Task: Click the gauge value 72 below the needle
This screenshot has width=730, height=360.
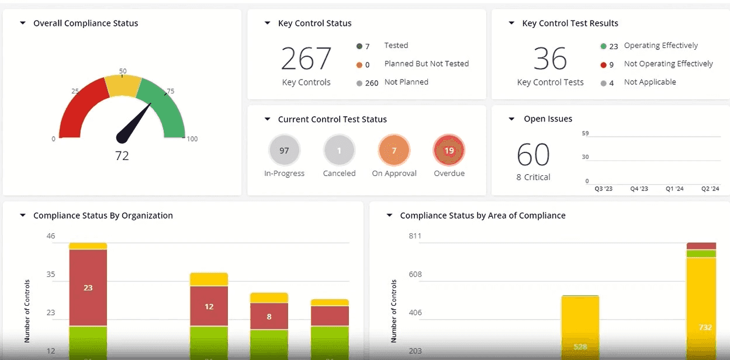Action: click(122, 155)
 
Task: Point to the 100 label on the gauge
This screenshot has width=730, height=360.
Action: click(192, 139)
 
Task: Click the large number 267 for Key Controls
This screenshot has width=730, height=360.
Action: click(306, 58)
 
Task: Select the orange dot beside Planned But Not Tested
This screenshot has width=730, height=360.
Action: click(359, 65)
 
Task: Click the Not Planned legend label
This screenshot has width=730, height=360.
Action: click(406, 82)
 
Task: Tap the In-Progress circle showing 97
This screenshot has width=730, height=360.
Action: click(284, 151)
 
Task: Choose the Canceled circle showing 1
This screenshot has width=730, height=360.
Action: click(339, 151)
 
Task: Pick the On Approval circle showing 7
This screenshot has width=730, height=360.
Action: click(394, 151)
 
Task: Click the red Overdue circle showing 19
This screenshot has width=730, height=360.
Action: click(449, 151)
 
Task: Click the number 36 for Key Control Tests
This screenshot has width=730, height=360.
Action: click(550, 58)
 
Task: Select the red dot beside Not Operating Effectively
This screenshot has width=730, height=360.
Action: click(603, 65)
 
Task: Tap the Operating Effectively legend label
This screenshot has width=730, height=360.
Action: click(660, 46)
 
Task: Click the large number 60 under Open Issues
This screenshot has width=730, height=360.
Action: click(533, 155)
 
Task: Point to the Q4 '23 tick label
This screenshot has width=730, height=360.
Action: click(639, 189)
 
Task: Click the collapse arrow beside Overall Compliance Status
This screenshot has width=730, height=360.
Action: click(23, 23)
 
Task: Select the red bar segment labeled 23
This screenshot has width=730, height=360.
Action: click(88, 288)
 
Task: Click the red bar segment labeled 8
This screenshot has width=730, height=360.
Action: click(269, 316)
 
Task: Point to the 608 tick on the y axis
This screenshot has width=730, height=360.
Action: click(414, 274)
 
